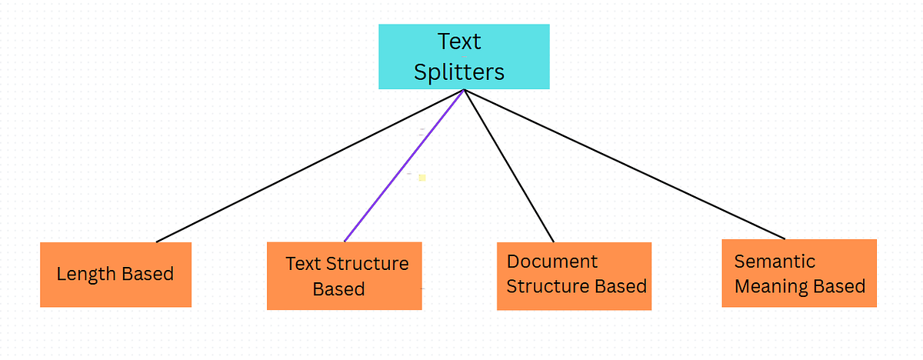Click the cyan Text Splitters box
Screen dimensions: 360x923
coord(464,56)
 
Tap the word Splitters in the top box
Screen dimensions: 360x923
coord(459,72)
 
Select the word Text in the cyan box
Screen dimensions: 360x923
coord(459,41)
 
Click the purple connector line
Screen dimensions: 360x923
coord(404,165)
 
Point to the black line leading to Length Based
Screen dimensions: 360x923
coord(308,166)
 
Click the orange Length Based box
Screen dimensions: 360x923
coord(115,275)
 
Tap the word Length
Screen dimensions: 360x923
coord(84,274)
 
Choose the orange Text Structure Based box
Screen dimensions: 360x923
coord(344,276)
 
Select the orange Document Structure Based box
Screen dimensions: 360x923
coord(574,276)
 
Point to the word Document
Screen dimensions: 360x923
coord(552,262)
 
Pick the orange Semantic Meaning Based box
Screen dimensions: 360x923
coord(799,273)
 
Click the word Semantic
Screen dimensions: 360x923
coord(774,262)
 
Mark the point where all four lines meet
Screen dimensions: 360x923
coord(464,90)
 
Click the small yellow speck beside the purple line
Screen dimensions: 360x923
coord(422,178)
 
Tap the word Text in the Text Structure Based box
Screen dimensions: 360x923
coord(302,264)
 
